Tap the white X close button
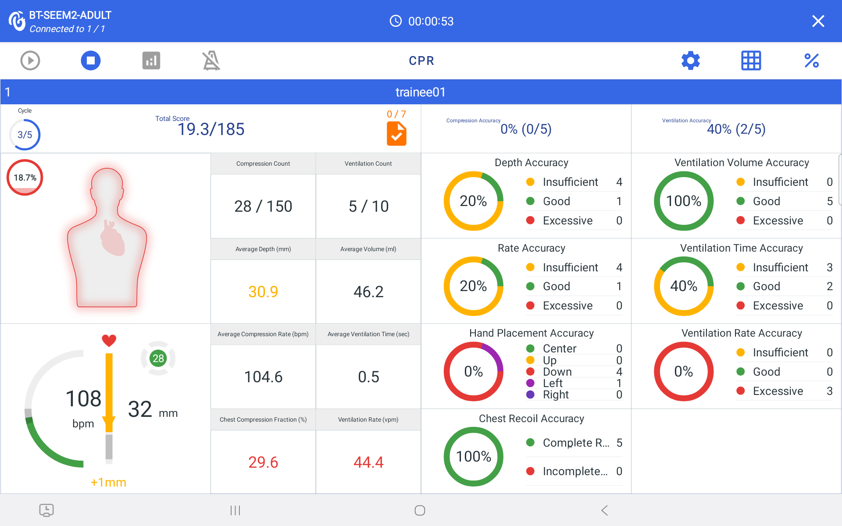point(818,21)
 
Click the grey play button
point(30,60)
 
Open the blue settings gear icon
point(691,60)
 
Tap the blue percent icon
point(811,60)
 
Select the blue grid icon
point(751,60)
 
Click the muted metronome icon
point(211,60)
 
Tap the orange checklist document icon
point(396,134)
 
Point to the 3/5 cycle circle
point(25,135)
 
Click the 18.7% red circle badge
point(25,178)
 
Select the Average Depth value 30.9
point(263,291)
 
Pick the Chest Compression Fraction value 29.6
point(263,462)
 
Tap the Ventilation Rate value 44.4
point(368,462)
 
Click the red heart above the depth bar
point(109,340)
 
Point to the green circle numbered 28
point(158,359)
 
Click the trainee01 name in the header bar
point(420,92)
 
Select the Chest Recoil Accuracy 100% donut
point(474,457)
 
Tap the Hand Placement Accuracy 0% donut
point(474,372)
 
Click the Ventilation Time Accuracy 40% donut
point(684,286)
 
